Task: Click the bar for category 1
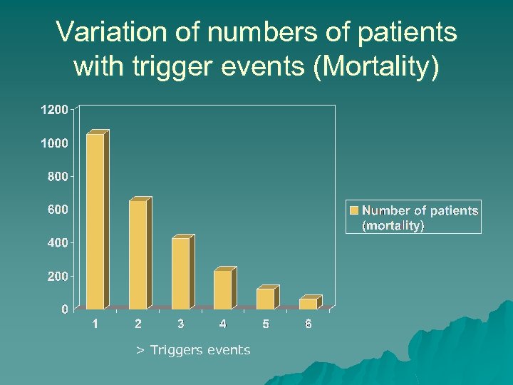(95, 221)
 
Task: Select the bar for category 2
(138, 255)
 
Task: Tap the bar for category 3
(181, 273)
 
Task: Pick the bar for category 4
(223, 289)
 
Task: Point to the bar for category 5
(266, 298)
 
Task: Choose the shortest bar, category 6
(309, 303)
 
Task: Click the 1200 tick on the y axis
(54, 110)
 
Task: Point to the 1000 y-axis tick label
(54, 143)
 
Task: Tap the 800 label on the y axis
(58, 176)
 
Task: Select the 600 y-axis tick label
(58, 210)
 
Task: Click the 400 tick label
(58, 242)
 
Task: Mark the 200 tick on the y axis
(58, 276)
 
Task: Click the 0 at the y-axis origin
(65, 309)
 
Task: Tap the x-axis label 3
(181, 324)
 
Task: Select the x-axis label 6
(309, 324)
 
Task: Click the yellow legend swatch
(354, 210)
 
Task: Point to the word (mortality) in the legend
(393, 225)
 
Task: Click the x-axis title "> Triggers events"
(193, 350)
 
